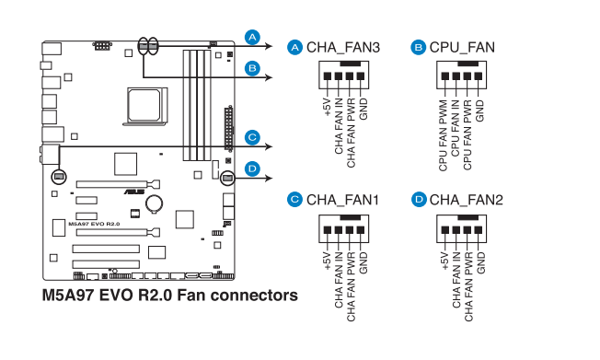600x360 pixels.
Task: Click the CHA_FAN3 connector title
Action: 343,48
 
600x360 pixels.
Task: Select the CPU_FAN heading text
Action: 462,48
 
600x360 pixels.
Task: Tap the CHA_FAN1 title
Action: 343,200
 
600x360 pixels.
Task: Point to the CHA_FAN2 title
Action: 466,200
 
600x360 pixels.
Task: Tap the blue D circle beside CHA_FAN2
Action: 419,200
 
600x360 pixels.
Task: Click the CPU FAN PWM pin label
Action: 444,135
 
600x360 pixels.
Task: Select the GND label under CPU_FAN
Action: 479,111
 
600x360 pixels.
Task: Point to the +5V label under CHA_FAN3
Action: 328,107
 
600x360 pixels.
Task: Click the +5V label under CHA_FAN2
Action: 444,261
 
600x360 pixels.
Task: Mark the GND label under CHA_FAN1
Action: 363,262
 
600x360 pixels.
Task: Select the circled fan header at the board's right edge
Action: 227,178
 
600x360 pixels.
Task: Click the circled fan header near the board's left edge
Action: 59,177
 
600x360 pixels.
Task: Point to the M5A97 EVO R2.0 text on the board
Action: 94,224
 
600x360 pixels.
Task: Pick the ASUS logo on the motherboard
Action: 134,192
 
